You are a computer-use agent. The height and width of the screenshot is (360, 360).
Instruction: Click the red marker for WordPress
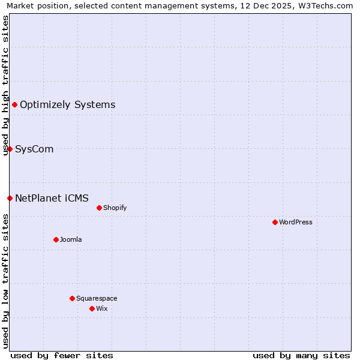[275, 222]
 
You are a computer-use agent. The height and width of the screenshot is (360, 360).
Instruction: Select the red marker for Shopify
[99, 208]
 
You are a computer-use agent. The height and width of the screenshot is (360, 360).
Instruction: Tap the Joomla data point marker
[56, 239]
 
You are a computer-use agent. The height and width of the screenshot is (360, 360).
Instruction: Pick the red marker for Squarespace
[72, 298]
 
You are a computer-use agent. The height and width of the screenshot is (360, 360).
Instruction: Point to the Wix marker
[92, 308]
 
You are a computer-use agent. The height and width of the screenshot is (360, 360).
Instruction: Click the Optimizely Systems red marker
[14, 105]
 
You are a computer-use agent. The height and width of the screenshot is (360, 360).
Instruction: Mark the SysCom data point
[10, 149]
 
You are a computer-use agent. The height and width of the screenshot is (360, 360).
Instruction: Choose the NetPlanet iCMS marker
[10, 198]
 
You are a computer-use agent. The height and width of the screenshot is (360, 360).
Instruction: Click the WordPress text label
[296, 222]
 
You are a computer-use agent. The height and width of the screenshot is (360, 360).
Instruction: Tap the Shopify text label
[115, 208]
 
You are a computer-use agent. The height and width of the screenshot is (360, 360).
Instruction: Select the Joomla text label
[71, 239]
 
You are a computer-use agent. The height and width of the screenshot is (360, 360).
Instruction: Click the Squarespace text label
[97, 298]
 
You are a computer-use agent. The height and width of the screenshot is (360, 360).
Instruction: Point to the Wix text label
[102, 308]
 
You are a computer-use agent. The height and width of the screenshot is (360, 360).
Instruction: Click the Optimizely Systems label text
[67, 105]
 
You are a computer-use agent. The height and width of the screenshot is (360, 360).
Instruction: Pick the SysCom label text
[34, 149]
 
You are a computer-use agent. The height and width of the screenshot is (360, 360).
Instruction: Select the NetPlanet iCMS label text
[52, 198]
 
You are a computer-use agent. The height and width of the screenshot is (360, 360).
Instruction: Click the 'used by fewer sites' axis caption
[62, 355]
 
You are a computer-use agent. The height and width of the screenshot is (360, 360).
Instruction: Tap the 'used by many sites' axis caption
[301, 355]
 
